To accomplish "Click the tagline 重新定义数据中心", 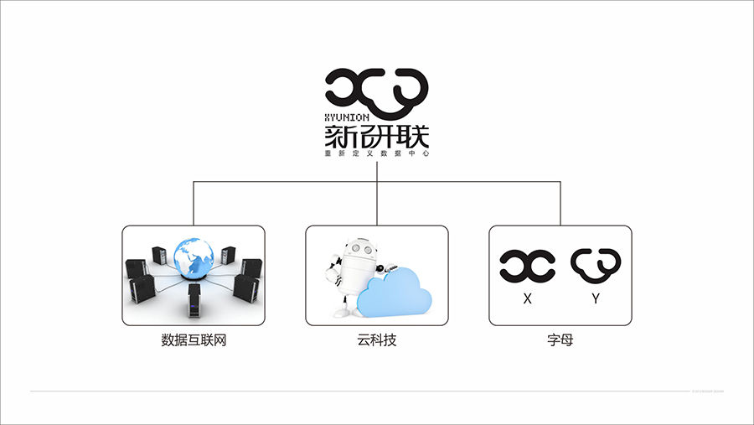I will coord(377,154).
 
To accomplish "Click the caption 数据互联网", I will coord(194,341).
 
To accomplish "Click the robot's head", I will coord(357,251).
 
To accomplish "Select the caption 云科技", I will coord(377,341).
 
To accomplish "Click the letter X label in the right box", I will coord(527,298).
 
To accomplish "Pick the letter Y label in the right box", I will coord(595,298).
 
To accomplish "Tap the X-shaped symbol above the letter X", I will coord(527,265).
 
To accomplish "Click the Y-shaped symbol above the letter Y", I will coord(596,265).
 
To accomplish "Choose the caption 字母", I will coord(560,341).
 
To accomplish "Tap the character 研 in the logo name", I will coord(377,137).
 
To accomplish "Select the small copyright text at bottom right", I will coord(708,391).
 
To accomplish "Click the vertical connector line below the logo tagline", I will coord(377,170).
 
